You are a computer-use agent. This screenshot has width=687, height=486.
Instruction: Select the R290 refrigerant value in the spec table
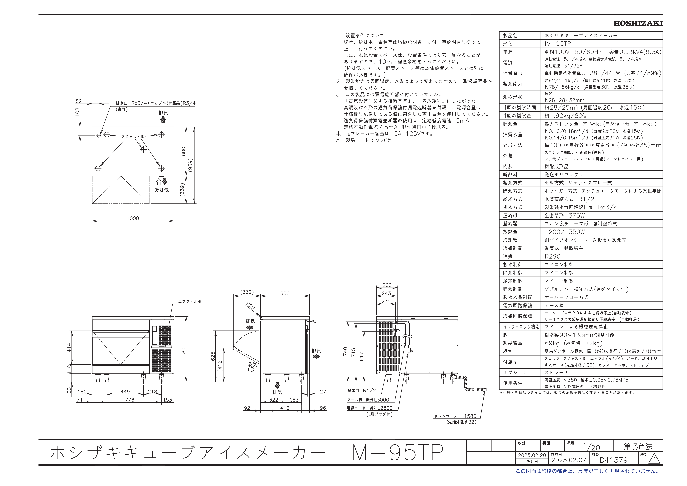tap(552, 257)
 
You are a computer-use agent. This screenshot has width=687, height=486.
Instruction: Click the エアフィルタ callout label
tap(190, 302)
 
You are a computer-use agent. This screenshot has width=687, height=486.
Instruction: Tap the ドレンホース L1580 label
tap(455, 416)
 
